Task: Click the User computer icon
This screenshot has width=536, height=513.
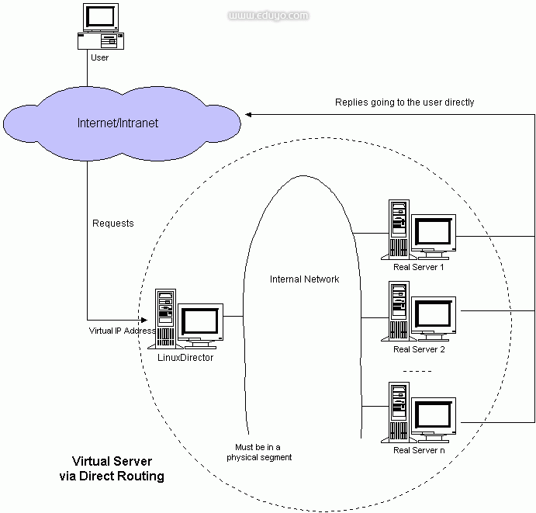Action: tap(100, 27)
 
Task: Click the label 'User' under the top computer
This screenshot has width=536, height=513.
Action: tap(99, 57)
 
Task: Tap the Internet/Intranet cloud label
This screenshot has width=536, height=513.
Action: tap(118, 123)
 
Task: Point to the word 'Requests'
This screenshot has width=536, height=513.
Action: tap(113, 224)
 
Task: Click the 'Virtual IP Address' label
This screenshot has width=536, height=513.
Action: tap(122, 331)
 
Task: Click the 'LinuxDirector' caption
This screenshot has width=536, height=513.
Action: tap(185, 358)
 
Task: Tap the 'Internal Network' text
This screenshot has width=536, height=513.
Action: tap(304, 279)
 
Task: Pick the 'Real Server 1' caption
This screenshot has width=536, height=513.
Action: tap(419, 268)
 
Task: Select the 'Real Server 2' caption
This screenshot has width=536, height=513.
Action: tap(419, 349)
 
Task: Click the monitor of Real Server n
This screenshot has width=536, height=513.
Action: tap(434, 415)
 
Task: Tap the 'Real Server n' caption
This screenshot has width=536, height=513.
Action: tap(419, 450)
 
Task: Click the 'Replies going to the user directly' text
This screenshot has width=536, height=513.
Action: tap(404, 102)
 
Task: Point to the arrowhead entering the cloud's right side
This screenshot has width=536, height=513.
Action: tap(249, 115)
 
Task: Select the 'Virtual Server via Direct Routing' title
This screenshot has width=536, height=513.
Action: tap(112, 469)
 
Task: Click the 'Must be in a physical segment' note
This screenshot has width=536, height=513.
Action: tap(259, 452)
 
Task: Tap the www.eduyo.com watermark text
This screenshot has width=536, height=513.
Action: tap(268, 15)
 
